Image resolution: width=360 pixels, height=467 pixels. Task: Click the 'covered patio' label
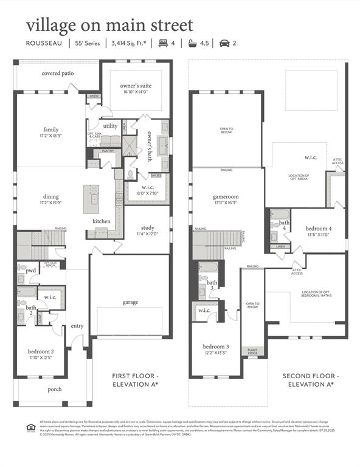point(58,74)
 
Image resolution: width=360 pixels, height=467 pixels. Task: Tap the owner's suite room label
point(137,86)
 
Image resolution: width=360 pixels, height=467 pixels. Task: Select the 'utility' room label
point(110,126)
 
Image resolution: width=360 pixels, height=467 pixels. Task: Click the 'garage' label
point(130,302)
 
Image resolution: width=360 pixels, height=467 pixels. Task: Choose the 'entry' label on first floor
point(77,326)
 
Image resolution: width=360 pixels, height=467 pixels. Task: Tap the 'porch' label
point(55,389)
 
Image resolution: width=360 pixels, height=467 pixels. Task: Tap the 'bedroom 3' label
point(214,347)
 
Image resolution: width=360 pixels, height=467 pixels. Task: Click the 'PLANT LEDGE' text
point(252,351)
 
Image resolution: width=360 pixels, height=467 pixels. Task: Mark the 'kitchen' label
point(102,221)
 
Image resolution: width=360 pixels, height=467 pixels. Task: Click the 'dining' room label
point(51,196)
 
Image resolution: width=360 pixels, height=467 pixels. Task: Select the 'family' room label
point(51,130)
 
